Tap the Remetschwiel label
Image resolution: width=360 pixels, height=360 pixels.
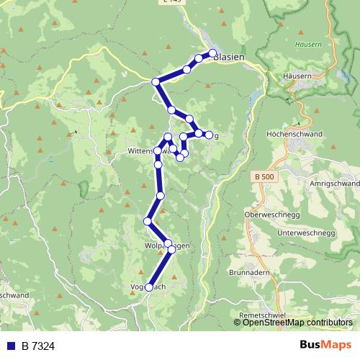coord(264,315)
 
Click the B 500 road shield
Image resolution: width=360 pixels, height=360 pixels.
coord(265,176)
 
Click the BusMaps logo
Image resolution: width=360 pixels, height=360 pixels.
coord(325,346)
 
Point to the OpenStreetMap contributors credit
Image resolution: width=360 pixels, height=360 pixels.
coord(292,322)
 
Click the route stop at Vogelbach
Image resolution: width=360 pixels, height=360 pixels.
coord(149,287)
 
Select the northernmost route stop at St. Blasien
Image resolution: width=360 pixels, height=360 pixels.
coord(212,53)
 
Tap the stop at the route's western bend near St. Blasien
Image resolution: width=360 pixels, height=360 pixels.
coord(155,81)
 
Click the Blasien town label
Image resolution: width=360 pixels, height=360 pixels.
coord(230,58)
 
